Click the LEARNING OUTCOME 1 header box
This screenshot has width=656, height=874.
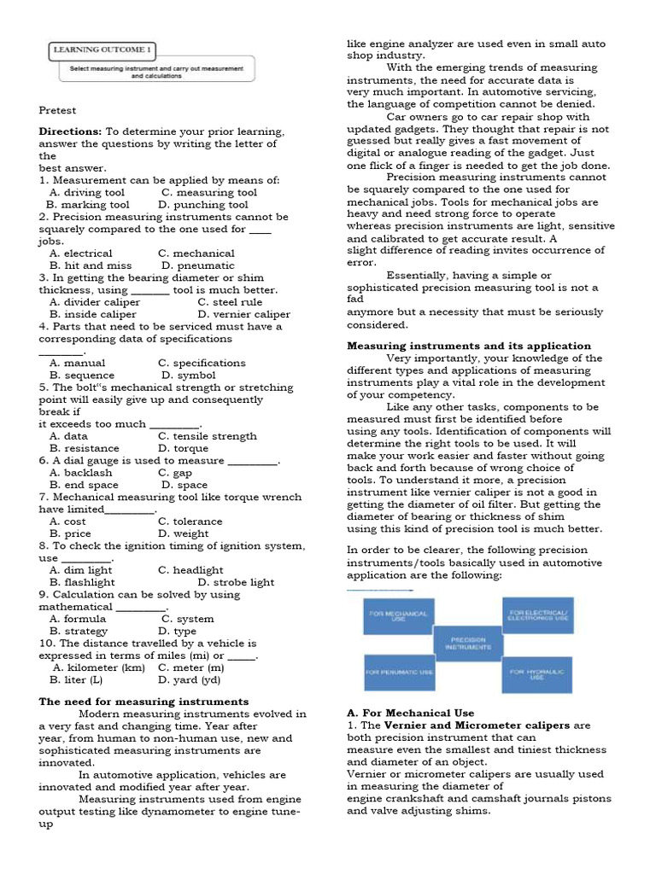click(103, 50)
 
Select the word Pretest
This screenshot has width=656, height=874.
click(57, 110)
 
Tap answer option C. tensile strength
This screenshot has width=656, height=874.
click(207, 436)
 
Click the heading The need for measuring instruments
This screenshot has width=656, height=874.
click(143, 702)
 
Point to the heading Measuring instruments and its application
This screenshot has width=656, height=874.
click(468, 346)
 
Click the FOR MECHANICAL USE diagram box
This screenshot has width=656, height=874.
click(398, 615)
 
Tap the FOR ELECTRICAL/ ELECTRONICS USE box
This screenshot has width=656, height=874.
click(538, 615)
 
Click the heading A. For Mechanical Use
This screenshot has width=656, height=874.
click(410, 713)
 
